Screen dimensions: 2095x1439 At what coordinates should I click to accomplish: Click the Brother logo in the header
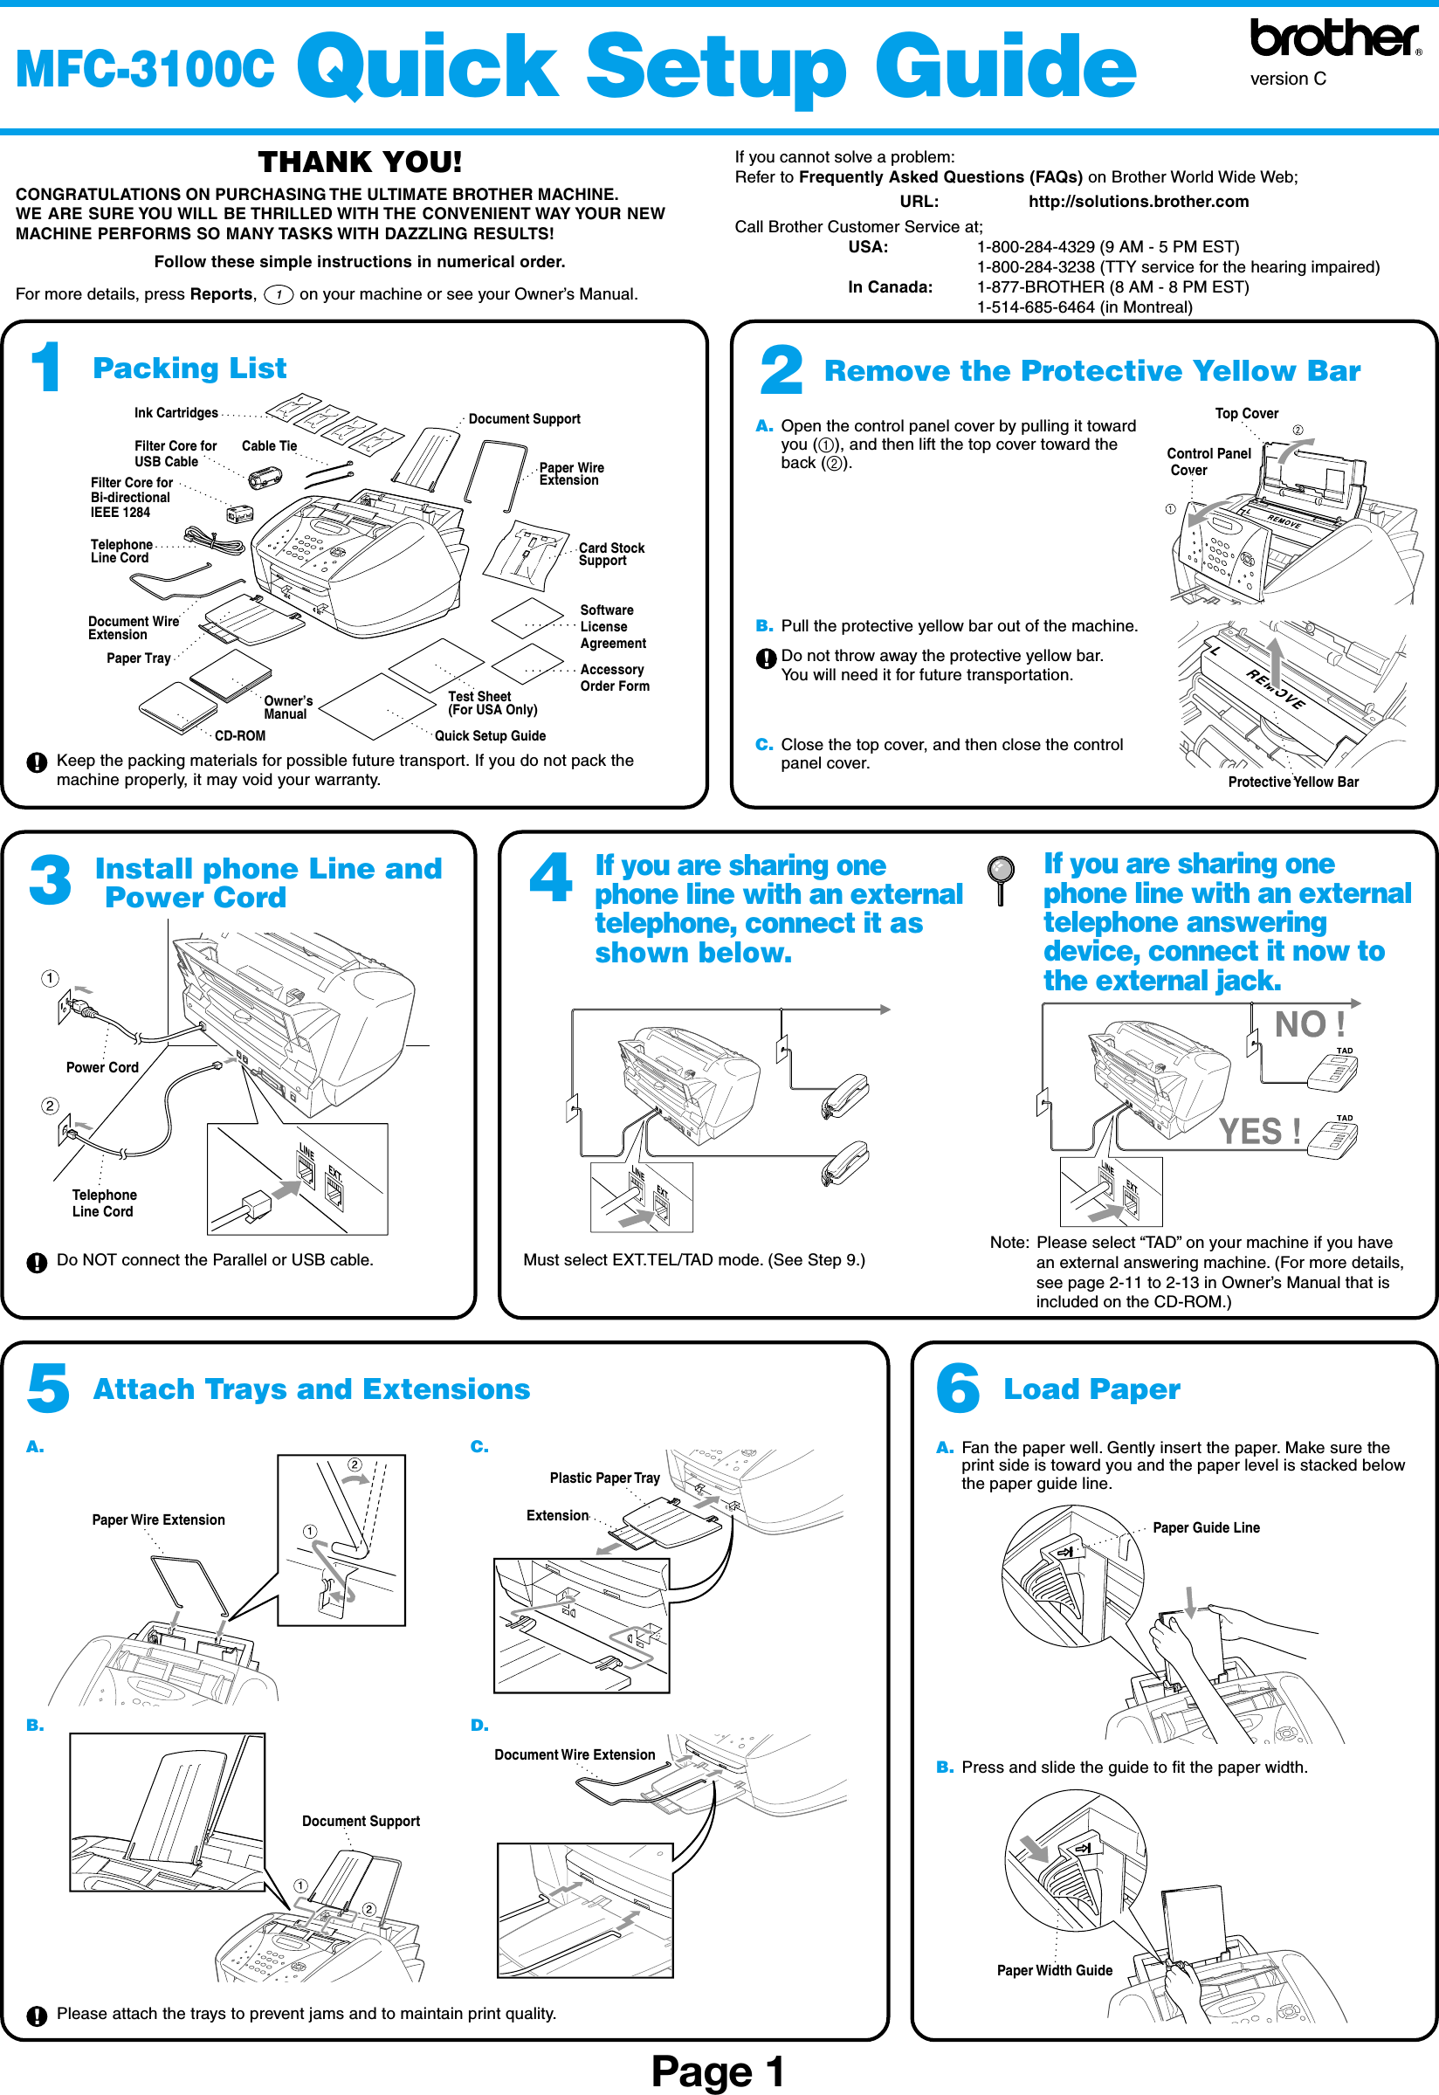pos(1333,38)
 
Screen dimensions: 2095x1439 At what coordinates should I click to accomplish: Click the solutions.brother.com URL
pos(1138,202)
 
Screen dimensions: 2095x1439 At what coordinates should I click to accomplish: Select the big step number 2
pos(781,370)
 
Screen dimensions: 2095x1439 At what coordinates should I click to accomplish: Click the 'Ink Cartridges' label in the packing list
pos(176,413)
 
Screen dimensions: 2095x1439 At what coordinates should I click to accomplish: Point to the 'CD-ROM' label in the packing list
pos(240,735)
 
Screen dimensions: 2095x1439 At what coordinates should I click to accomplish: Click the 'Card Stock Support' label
pos(611,555)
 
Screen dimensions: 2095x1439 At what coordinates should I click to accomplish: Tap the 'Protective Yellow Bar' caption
pos(1293,782)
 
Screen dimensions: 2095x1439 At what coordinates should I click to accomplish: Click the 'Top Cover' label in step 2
pos(1246,414)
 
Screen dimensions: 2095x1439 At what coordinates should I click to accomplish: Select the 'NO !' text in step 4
pos(1309,1025)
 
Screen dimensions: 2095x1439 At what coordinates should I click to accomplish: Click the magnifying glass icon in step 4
pos(1001,877)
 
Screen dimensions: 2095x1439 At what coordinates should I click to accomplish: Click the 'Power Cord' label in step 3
pos(102,1067)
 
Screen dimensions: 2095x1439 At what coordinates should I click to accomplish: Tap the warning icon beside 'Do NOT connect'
pos(37,1262)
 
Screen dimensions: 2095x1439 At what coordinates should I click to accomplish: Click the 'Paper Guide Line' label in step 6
pos(1206,1528)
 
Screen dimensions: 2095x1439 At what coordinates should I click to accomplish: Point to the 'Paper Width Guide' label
pos(1054,1971)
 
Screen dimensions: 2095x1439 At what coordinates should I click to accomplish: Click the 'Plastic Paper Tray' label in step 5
pos(604,1478)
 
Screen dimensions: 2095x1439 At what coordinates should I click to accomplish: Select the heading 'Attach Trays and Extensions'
pos(311,1389)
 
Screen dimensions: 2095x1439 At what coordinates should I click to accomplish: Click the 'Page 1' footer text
pos(718,2071)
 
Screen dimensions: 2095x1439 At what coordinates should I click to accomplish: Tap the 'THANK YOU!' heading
pos(360,162)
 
